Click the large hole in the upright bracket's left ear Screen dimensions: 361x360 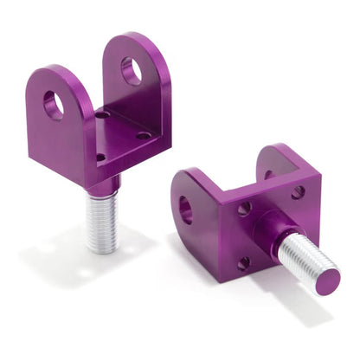point(54,105)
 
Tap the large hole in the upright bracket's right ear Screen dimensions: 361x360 point(131,71)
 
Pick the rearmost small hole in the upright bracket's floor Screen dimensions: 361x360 point(103,113)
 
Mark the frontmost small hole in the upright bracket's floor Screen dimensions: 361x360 point(100,157)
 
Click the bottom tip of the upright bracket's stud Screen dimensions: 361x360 point(103,250)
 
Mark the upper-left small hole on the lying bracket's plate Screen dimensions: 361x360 point(245,208)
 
